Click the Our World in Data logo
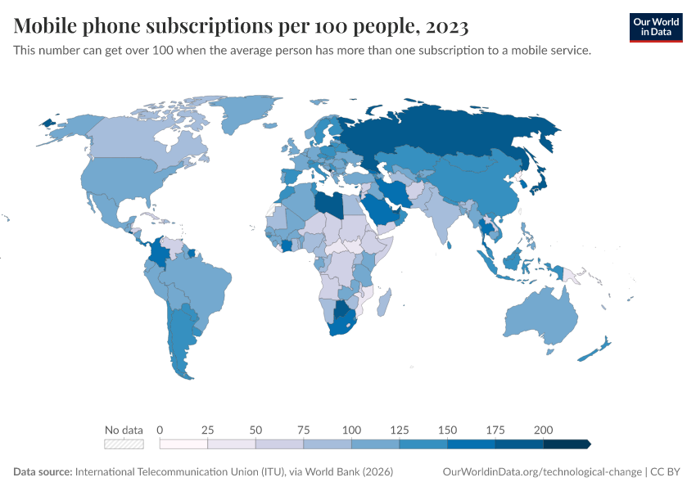coord(655,27)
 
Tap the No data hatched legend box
coord(124,444)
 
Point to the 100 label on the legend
coord(351,430)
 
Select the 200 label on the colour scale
coord(543,430)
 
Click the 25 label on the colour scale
coord(207,430)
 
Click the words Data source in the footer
coord(43,472)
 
